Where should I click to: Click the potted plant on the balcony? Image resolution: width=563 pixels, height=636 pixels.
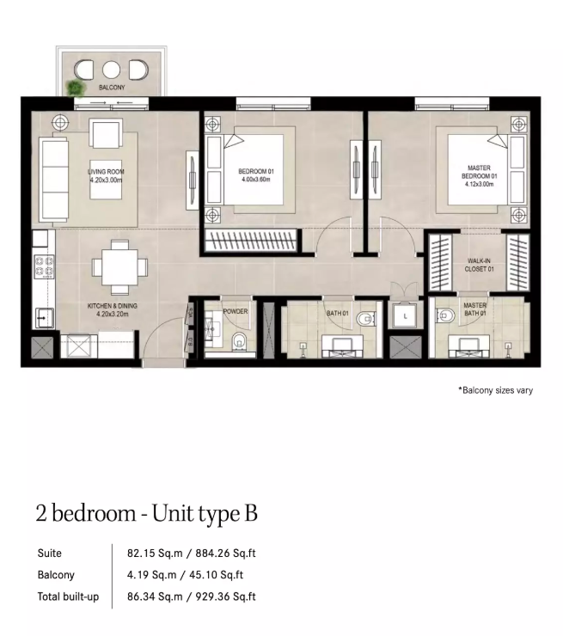76,88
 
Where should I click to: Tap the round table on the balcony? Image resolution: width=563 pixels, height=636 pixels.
111,70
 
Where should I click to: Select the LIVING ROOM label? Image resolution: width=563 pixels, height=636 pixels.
106,172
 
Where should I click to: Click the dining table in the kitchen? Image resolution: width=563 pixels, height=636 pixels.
119,267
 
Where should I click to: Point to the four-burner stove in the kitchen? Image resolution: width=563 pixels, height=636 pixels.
44,266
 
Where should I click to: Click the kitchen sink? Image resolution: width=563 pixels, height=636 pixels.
45,318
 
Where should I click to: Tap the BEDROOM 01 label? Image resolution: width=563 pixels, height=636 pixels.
256,172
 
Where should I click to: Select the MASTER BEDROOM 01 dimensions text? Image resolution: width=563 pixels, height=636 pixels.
479,184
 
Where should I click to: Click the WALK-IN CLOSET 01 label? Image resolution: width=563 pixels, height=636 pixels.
479,265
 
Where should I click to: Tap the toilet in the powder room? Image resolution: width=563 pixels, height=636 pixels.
238,341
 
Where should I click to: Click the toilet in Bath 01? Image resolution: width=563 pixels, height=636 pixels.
366,318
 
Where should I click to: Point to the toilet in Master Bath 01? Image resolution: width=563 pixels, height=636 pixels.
445,315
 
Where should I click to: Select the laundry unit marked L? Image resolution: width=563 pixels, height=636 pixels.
405,316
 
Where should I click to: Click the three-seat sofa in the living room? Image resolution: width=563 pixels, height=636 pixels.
53,180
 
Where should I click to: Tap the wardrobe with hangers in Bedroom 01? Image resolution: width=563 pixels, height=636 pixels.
251,241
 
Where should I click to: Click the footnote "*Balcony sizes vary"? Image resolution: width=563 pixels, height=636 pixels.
495,390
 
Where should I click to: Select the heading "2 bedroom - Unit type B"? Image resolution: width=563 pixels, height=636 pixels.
146,513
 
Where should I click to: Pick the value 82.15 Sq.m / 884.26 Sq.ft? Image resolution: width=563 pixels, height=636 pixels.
192,553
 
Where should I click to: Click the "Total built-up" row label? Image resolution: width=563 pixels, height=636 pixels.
68,596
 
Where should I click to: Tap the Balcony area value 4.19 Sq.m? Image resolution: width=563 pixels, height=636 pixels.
151,575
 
